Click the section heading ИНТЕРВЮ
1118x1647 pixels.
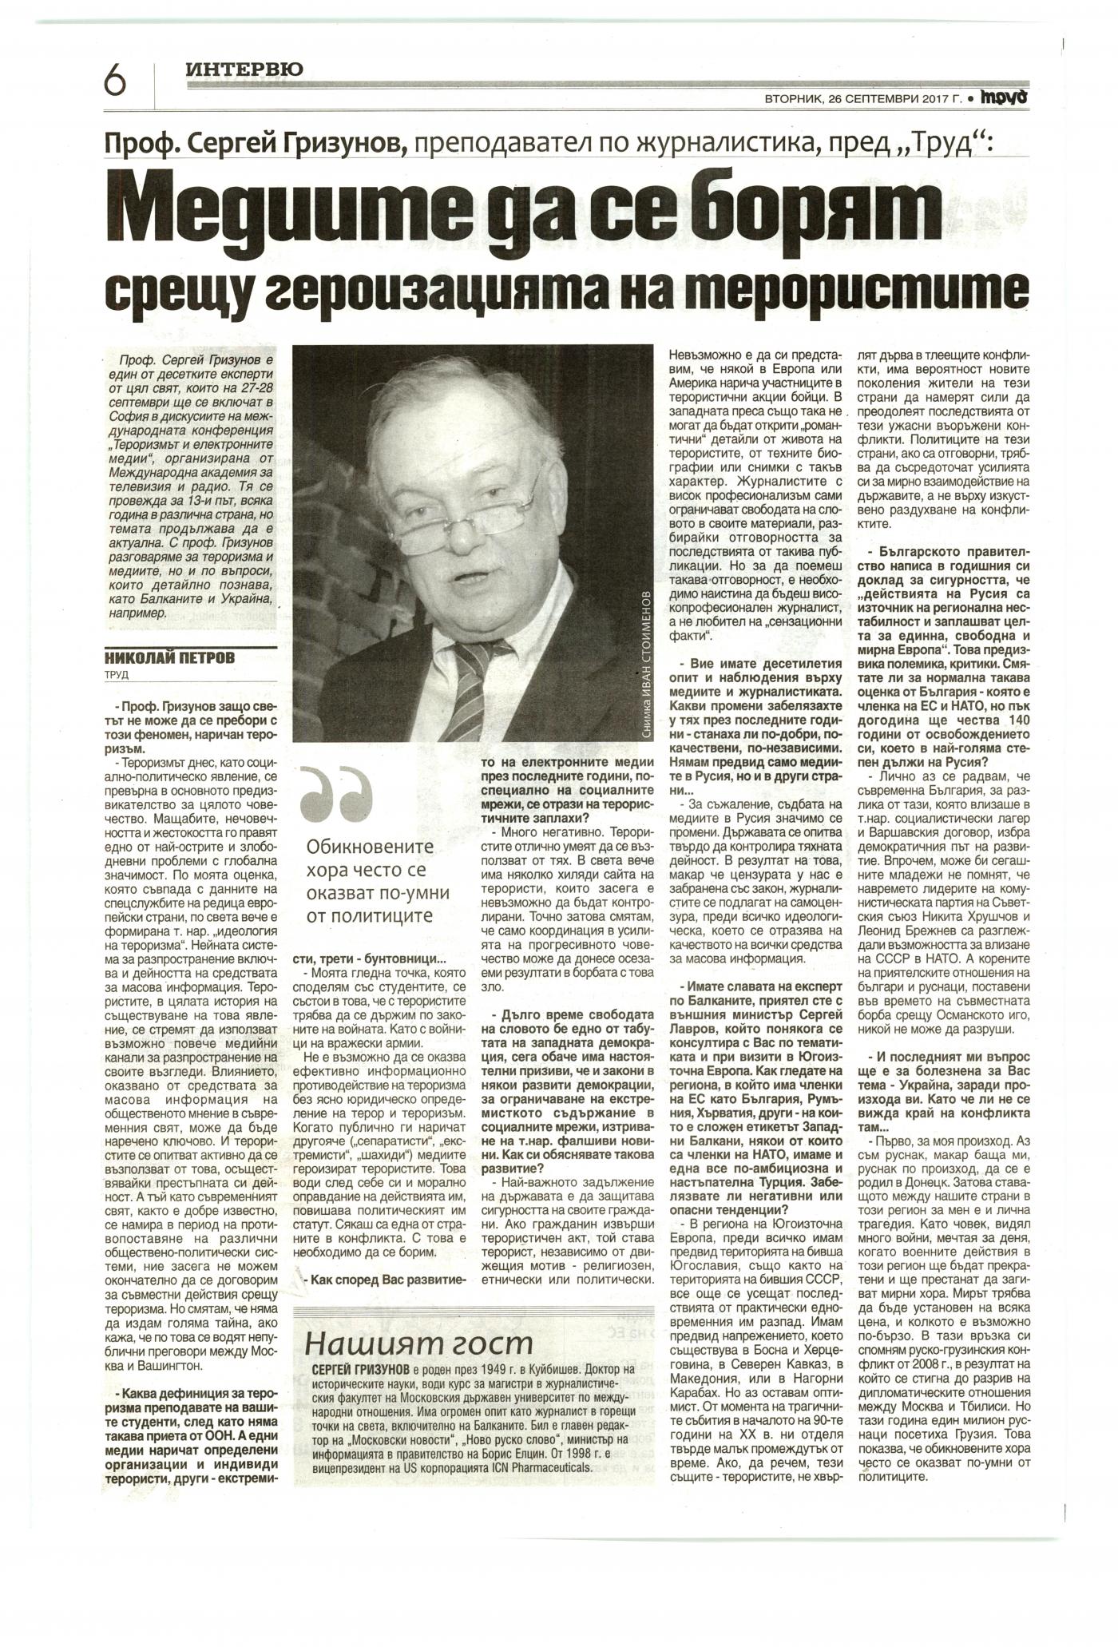click(x=244, y=70)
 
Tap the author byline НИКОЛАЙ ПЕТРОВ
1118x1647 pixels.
click(x=171, y=658)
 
